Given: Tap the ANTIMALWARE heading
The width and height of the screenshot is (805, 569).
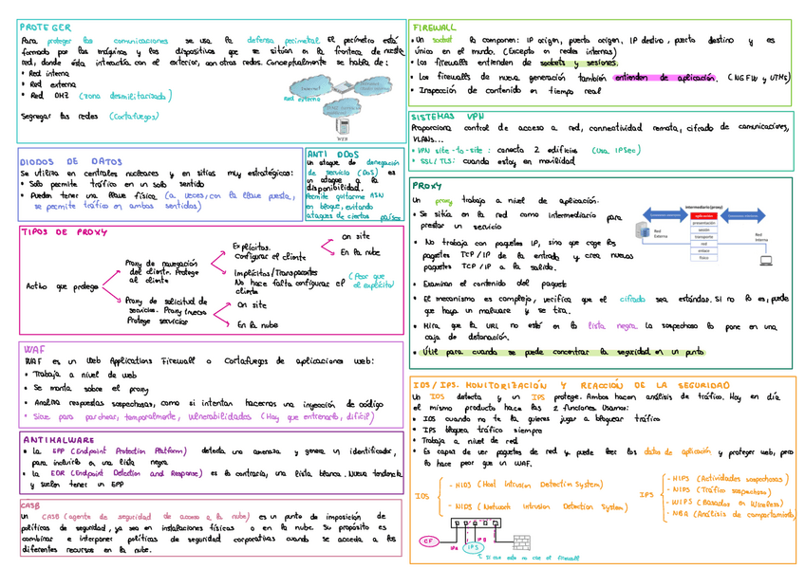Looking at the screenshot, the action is click(x=57, y=440).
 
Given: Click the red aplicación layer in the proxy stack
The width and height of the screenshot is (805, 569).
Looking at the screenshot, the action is click(x=703, y=216).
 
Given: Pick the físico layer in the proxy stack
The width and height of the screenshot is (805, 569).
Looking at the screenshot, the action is click(x=703, y=257).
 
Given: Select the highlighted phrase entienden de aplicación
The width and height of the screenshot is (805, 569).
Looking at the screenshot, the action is click(x=664, y=78).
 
